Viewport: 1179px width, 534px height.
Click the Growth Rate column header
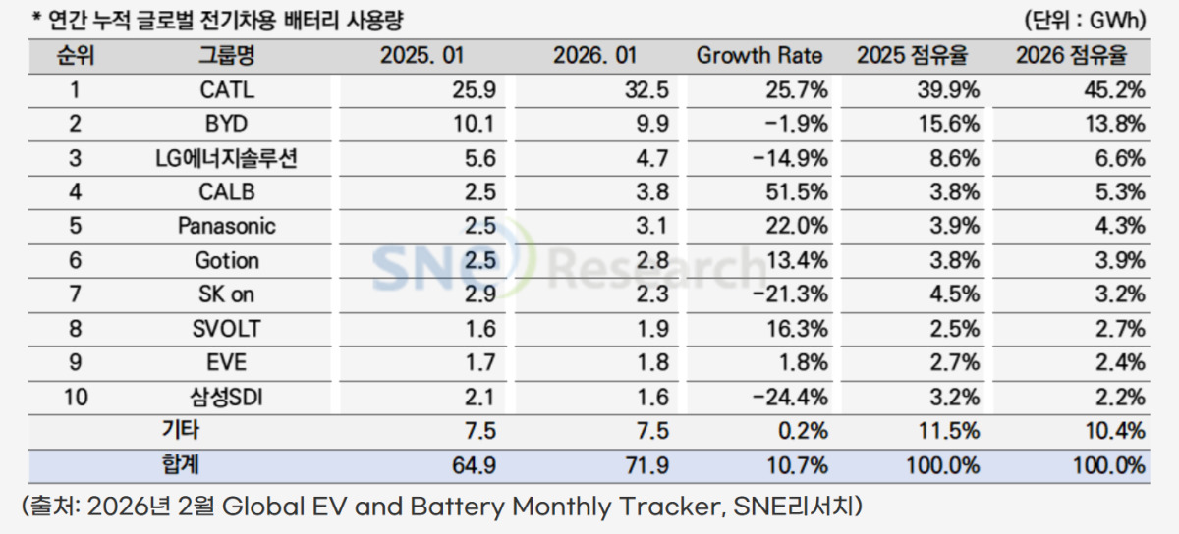pos(759,56)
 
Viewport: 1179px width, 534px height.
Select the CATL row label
pos(226,91)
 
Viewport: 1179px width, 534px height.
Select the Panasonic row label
pos(226,226)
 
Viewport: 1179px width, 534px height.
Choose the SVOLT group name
pos(226,329)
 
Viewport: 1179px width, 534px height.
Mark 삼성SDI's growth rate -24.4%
pos(791,397)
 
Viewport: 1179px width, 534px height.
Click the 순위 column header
pos(76,56)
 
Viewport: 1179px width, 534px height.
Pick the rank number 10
pos(76,397)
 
